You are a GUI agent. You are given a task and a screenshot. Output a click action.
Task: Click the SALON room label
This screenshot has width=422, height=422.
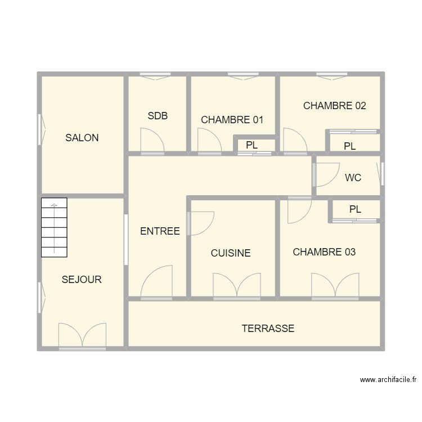click(x=82, y=138)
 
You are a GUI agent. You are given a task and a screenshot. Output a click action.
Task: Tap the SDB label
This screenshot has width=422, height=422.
click(x=158, y=116)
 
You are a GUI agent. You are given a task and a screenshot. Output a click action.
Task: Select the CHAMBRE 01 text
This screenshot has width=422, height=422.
click(x=232, y=120)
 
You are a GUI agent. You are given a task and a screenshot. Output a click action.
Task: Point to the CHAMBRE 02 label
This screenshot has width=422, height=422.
click(x=334, y=106)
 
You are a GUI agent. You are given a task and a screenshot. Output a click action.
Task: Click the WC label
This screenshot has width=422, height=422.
click(x=353, y=178)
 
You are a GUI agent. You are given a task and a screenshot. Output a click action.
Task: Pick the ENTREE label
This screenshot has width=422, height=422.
click(x=160, y=231)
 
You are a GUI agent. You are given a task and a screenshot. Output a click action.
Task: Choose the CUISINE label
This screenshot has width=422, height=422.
click(x=231, y=253)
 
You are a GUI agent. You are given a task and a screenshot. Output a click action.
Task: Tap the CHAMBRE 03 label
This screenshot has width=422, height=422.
click(x=324, y=252)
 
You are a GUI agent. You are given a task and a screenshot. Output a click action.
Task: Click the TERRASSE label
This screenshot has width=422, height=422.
click(x=268, y=329)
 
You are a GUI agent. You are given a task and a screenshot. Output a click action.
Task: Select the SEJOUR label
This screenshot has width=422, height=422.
click(x=82, y=280)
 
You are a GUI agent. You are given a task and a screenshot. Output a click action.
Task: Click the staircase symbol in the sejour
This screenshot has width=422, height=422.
click(x=54, y=227)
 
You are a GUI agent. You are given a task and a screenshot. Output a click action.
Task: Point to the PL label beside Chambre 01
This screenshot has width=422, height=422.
click(x=252, y=145)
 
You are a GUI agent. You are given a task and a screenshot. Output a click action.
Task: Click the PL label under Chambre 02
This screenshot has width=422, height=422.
click(x=350, y=146)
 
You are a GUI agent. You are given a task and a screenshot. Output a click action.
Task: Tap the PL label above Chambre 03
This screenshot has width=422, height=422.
click(x=354, y=209)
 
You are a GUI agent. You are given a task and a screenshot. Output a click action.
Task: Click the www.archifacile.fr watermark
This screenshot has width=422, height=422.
click(x=388, y=380)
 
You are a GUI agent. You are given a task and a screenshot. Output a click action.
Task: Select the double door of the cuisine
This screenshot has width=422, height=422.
click(x=237, y=285)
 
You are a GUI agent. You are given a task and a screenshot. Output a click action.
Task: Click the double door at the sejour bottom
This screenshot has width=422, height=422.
click(x=82, y=335)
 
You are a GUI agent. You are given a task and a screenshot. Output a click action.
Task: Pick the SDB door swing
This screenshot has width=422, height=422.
click(x=151, y=141)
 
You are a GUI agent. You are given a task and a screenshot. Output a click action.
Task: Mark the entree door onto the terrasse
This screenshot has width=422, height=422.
click(x=156, y=282)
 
